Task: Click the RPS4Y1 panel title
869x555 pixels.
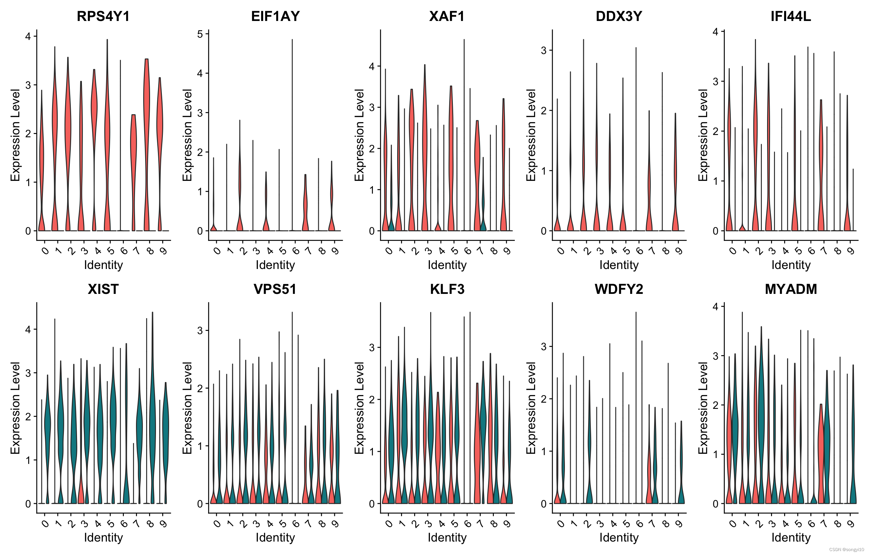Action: (103, 16)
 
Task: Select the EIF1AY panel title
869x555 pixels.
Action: (275, 16)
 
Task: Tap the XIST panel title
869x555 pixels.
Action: (103, 289)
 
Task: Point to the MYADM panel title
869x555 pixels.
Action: (791, 289)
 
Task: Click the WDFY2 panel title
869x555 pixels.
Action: (619, 289)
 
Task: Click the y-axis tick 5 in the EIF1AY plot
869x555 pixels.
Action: (200, 34)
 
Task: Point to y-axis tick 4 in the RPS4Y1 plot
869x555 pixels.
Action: (28, 36)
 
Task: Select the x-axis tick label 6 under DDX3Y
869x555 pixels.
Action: (639, 250)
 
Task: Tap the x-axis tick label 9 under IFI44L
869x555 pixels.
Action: (851, 250)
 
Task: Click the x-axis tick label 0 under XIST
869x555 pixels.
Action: (45, 523)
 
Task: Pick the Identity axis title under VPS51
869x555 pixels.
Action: (275, 538)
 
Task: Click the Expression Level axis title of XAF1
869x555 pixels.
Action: (359, 135)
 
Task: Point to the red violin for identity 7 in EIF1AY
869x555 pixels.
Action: (305, 202)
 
